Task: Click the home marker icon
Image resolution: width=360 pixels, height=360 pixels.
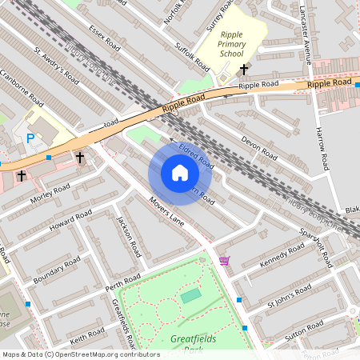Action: click(179, 173)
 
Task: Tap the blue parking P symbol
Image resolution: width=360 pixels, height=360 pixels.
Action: click(30, 138)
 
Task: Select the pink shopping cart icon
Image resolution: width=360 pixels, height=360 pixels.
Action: click(224, 261)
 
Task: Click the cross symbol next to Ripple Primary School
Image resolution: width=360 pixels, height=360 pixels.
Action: click(244, 70)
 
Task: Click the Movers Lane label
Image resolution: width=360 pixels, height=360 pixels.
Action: click(166, 212)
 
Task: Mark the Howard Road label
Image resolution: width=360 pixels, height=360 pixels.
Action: click(71, 218)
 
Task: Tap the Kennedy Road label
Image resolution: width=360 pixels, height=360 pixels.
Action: click(283, 257)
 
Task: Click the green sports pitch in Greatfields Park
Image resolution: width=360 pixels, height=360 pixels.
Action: click(190, 297)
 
